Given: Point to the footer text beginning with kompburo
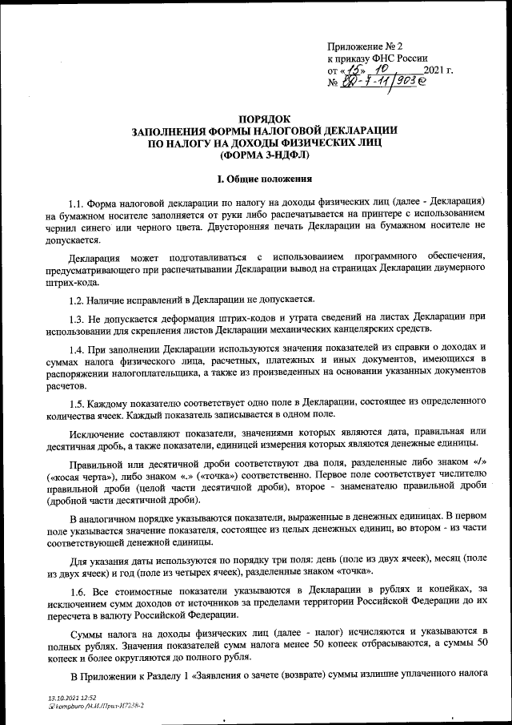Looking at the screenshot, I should point(97,707).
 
